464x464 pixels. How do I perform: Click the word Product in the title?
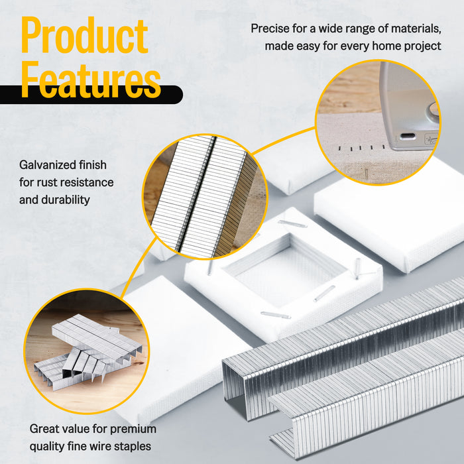click(85, 35)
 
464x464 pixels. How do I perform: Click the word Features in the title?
click(91, 80)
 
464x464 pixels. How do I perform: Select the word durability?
click(66, 200)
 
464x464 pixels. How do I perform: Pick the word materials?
click(416, 29)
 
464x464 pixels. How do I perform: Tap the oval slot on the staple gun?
click(408, 137)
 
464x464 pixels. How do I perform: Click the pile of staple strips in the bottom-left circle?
click(88, 352)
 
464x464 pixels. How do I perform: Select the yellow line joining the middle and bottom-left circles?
click(138, 266)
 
